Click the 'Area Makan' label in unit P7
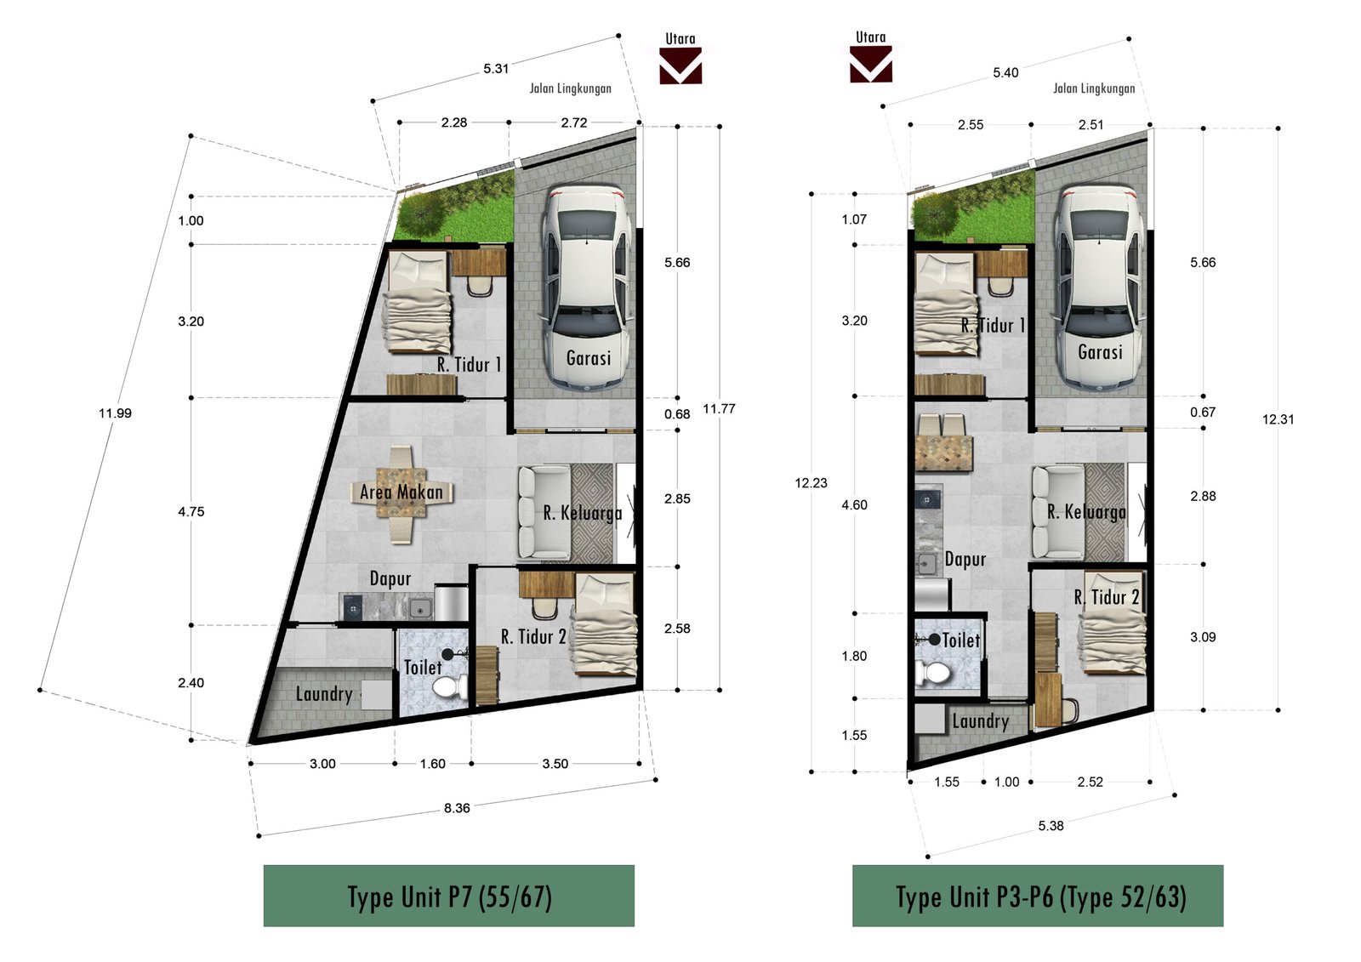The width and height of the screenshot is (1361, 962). tap(401, 492)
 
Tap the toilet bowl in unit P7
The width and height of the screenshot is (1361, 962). tap(450, 687)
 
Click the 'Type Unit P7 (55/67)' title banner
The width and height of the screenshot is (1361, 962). tap(449, 896)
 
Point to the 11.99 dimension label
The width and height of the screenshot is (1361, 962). tap(116, 413)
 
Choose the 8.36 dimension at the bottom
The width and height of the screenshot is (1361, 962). tap(456, 808)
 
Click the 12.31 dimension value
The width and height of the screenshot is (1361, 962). tap(1278, 419)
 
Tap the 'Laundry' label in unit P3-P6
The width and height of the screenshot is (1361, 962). tap(980, 721)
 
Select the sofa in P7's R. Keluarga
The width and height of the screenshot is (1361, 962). tap(544, 512)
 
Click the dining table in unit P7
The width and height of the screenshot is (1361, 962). tap(401, 493)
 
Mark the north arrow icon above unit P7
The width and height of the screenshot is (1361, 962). tap(680, 65)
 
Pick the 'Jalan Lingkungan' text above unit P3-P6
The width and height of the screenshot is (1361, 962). tap(1094, 88)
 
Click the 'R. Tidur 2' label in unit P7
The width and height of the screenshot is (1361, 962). tap(533, 637)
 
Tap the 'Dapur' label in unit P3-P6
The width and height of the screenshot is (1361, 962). tap(965, 559)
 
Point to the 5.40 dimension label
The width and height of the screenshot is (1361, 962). tap(1005, 73)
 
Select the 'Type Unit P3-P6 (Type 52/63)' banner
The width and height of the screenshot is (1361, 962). tap(1038, 896)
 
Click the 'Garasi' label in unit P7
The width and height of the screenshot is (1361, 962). tap(588, 358)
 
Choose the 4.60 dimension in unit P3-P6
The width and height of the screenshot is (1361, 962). tap(854, 505)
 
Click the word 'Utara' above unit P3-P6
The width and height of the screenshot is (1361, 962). tap(871, 37)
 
